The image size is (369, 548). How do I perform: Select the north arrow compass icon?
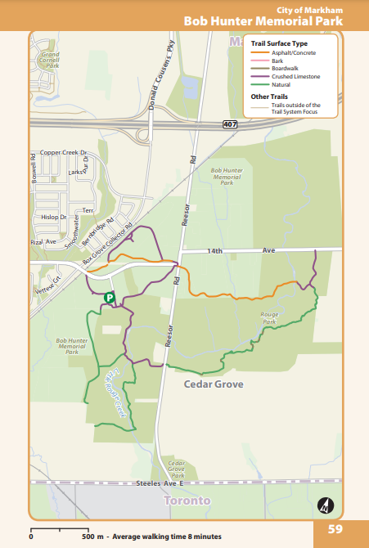325,505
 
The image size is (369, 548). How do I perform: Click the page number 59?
335,528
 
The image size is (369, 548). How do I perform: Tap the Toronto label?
187,500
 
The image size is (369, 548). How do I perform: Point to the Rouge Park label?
269,318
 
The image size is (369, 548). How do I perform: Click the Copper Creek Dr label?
63,152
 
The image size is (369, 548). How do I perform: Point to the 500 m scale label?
92,537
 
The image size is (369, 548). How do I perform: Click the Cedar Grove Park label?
176,468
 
